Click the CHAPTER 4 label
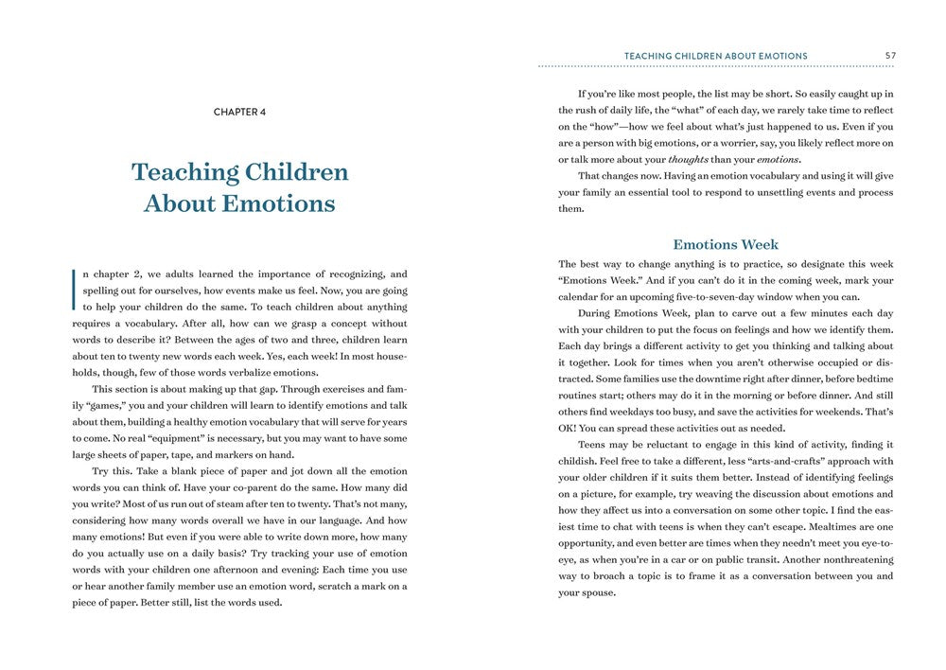[239, 112]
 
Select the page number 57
[890, 56]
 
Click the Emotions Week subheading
[726, 244]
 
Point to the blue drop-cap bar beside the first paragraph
[74, 290]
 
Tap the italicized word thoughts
[688, 159]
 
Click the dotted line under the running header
[716, 66]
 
